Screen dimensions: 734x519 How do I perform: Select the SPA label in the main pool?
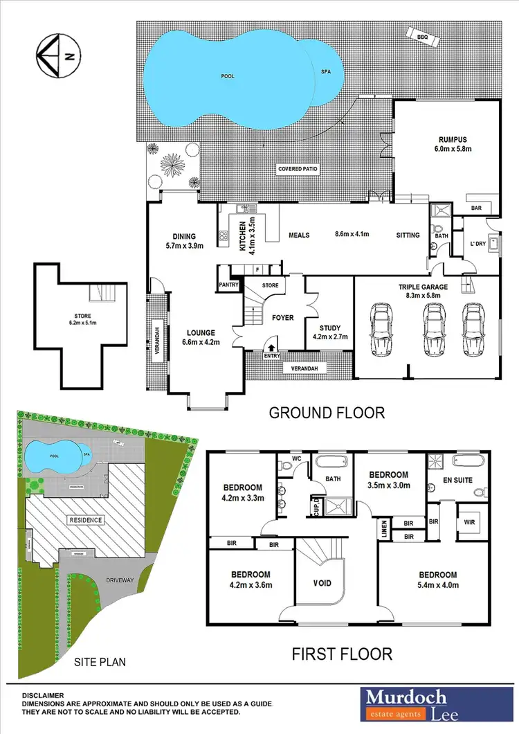(x=326, y=71)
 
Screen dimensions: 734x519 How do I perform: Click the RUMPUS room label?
(x=444, y=138)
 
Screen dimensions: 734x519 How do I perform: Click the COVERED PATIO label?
(x=298, y=169)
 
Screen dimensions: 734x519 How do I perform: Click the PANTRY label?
(x=228, y=285)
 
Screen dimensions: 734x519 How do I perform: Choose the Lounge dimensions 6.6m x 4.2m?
(x=195, y=341)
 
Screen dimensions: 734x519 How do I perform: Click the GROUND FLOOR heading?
(x=327, y=413)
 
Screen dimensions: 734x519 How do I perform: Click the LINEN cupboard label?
(x=385, y=528)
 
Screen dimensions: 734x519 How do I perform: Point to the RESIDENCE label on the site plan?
(x=85, y=520)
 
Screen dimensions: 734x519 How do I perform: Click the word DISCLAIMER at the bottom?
(x=44, y=695)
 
